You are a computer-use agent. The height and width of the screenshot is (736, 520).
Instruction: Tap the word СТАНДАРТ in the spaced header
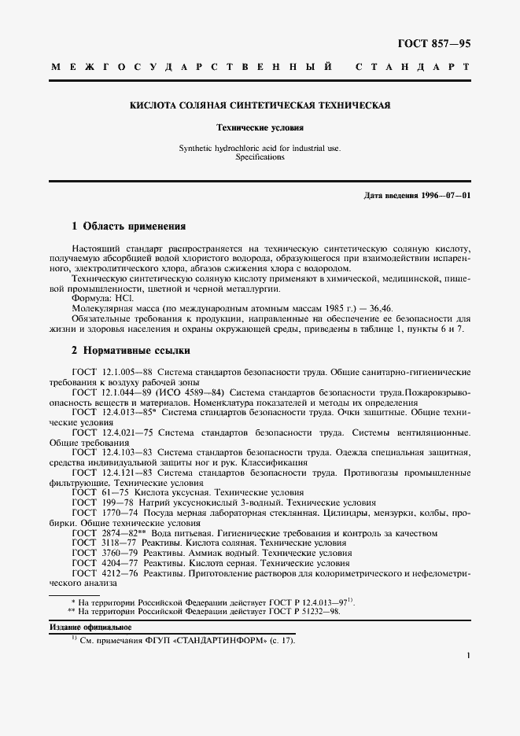(x=413, y=68)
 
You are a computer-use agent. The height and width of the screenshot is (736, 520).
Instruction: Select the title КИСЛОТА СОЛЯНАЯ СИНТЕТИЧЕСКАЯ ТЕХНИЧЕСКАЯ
(x=260, y=105)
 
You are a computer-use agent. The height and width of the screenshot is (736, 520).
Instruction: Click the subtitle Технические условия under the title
(x=260, y=127)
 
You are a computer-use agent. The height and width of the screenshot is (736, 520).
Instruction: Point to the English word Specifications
(x=260, y=156)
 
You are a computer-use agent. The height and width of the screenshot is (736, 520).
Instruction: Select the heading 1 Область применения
(x=128, y=226)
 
